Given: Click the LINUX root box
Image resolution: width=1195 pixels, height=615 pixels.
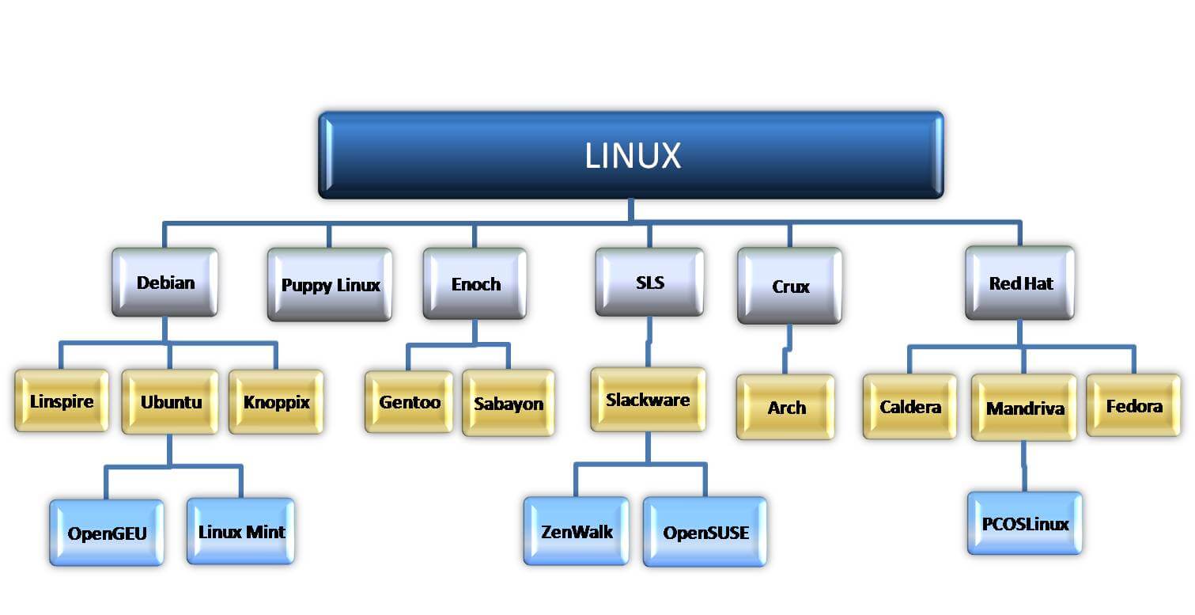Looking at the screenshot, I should pos(630,155).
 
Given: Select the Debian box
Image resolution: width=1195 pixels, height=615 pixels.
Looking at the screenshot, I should pos(165,283).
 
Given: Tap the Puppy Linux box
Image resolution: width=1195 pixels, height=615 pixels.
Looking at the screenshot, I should pos(330,285).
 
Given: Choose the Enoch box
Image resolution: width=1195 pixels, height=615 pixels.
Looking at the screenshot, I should pos(475,284).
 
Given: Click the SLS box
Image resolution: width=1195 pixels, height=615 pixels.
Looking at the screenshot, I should pos(649,283).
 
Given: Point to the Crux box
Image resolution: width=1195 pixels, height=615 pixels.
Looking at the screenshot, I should pos(789,286).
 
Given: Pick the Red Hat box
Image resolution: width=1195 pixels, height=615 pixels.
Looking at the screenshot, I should pos(1019,283).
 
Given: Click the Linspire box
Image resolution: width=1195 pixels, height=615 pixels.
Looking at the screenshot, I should pos(62,401).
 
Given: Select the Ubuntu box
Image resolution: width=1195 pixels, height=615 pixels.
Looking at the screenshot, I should pos(170,402).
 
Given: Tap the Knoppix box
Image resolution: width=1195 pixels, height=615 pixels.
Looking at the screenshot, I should pos(276,402).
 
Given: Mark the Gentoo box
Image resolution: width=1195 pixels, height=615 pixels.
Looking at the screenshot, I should pos(409,402).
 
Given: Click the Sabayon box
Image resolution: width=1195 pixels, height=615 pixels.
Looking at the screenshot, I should pos(508,404).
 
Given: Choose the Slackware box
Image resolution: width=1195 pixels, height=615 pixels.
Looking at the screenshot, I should pos(648,400).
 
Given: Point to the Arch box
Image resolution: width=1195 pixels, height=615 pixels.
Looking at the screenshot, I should pos(785,408).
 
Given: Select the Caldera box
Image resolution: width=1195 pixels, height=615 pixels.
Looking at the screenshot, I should pos(909,407).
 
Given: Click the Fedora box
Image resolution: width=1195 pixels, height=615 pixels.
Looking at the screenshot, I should pos(1133,406).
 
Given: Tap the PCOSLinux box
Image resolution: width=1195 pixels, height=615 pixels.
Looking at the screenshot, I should pos(1024,523).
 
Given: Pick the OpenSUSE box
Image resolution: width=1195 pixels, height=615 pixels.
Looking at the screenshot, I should pos(705,532).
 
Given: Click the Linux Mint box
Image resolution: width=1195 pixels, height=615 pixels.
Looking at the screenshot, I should pos(240,531).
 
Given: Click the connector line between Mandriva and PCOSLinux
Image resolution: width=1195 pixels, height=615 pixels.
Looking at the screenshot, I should pos(1024,466).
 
